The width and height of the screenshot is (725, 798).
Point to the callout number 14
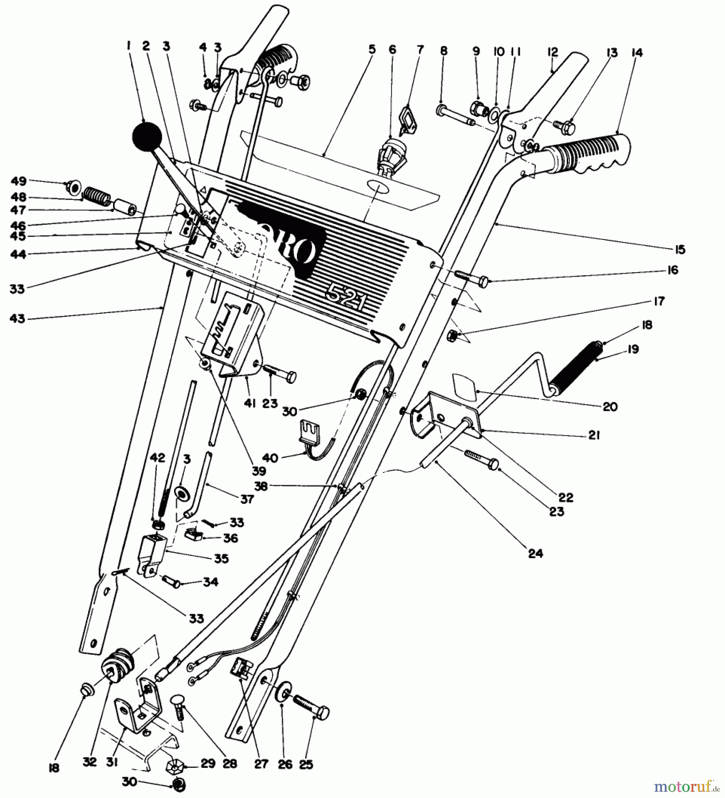[637, 53]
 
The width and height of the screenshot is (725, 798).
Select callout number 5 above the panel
[371, 49]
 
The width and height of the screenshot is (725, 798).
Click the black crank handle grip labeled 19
[575, 364]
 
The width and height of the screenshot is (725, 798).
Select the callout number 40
[270, 458]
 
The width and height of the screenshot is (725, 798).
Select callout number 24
[535, 553]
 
